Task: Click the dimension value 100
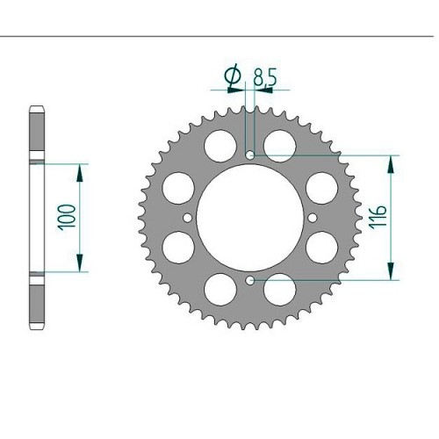(x=67, y=218)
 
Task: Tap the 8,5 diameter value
(x=264, y=76)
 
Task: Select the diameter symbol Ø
(x=234, y=76)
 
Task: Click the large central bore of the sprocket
(x=250, y=218)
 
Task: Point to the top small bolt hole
(x=249, y=155)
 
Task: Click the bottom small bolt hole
(x=249, y=281)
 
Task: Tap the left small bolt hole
(x=187, y=218)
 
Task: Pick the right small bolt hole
(x=313, y=218)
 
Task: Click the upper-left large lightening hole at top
(x=220, y=146)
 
